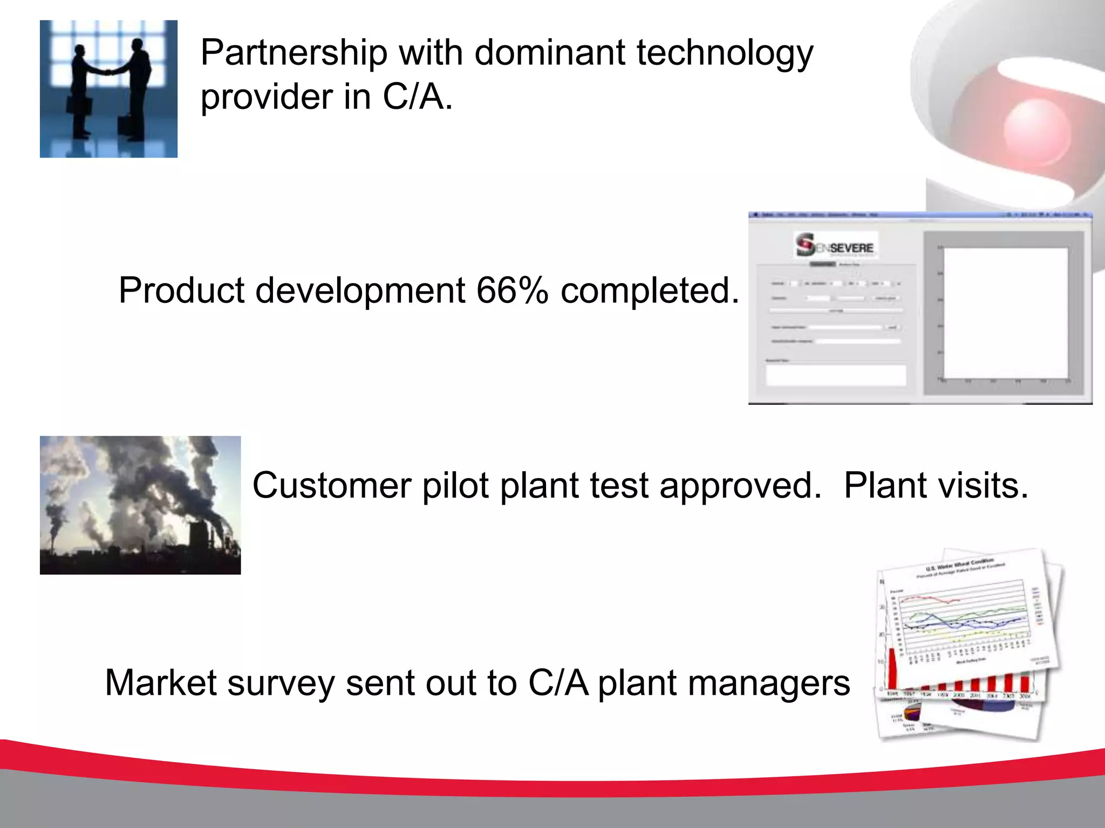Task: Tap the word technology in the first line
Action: click(x=725, y=54)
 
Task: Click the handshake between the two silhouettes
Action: click(x=108, y=72)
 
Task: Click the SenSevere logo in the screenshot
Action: click(x=835, y=245)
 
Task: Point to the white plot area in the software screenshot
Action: click(x=1005, y=313)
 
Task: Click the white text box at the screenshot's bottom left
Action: click(x=835, y=375)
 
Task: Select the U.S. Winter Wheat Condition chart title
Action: click(x=959, y=565)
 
